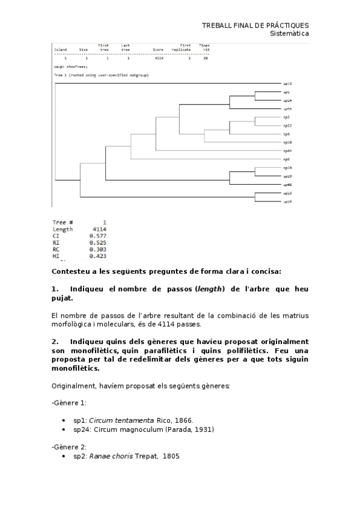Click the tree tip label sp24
[x=287, y=100]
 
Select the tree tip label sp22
[x=287, y=126]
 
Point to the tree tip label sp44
[x=287, y=151]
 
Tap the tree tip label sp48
[x=287, y=185]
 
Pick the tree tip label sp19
[x=287, y=168]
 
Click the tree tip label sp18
[x=287, y=143]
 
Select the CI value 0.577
[x=97, y=236]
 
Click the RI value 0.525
[x=97, y=243]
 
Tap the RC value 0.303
[x=97, y=250]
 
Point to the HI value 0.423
[x=97, y=257]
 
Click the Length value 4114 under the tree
[x=99, y=229]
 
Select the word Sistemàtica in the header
[x=290, y=34]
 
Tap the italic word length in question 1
[x=209, y=289]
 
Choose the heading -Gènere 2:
[x=69, y=447]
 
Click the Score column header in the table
[x=158, y=50]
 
